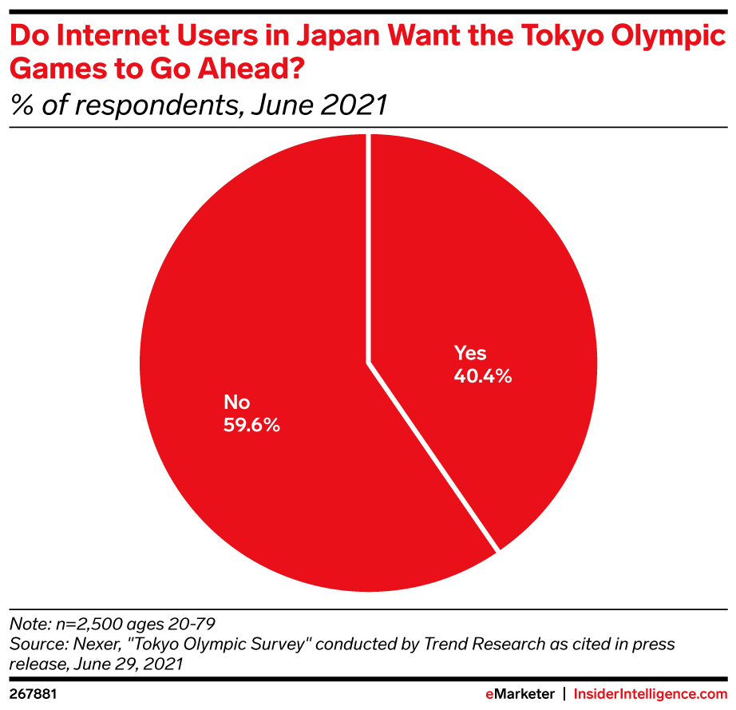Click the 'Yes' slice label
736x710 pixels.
(470, 353)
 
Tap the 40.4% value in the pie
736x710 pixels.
(483, 375)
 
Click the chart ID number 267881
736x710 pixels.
(33, 695)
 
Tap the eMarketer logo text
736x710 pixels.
(521, 695)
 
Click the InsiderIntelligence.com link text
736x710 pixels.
(654, 695)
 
